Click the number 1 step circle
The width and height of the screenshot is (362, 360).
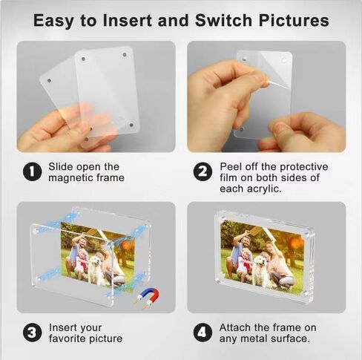[x=32, y=172]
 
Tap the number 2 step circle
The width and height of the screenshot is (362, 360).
[x=203, y=172]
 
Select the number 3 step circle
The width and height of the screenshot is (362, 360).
[x=32, y=333]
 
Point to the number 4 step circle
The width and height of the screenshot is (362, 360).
[x=203, y=333]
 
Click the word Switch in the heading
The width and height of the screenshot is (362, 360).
[x=224, y=20]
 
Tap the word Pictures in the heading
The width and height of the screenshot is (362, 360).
[x=294, y=20]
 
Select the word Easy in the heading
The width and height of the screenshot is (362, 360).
[x=54, y=21]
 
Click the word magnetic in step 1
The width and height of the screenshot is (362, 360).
[x=70, y=178]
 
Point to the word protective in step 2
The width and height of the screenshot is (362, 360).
[x=304, y=167]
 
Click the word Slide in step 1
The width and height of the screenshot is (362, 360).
[x=59, y=167]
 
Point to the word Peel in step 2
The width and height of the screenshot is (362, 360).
[x=231, y=167]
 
